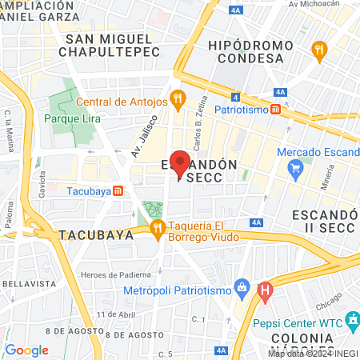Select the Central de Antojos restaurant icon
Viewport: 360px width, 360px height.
coord(178,101)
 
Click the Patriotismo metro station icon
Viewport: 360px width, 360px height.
coord(275,109)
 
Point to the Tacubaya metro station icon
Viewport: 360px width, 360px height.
coord(118,190)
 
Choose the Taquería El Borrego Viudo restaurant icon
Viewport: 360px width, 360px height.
coord(158,230)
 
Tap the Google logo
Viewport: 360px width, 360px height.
coord(26,350)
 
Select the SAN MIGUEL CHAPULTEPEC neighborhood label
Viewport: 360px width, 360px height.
coord(109,46)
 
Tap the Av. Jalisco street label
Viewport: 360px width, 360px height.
coord(140,135)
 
